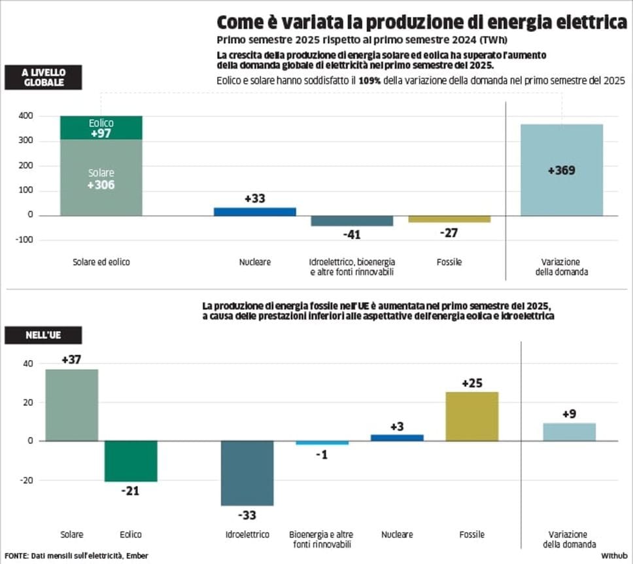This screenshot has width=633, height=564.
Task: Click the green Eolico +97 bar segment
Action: click(101, 128)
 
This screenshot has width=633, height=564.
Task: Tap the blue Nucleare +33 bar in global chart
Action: click(255, 211)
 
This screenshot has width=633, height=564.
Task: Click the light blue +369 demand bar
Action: click(562, 170)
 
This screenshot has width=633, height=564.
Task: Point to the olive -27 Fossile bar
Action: click(449, 219)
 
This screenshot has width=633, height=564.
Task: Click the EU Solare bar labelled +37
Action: click(72, 405)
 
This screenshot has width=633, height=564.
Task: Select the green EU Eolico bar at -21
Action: click(131, 461)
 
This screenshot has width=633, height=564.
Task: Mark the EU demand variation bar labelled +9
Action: click(569, 432)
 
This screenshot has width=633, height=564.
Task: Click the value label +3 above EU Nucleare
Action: click(397, 426)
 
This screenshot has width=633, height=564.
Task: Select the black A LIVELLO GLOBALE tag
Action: click(43, 77)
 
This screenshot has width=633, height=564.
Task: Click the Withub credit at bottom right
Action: click(613, 556)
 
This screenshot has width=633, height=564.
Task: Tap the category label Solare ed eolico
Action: click(101, 262)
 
